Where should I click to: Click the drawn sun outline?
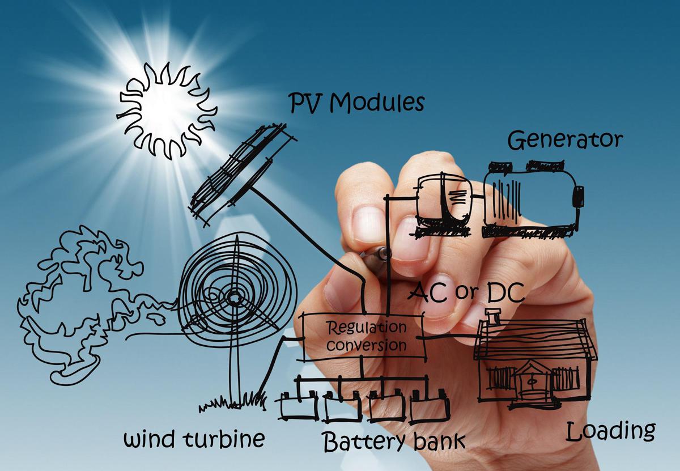(x=167, y=113)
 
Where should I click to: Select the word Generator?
(x=565, y=140)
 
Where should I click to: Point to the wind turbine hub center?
(x=233, y=296)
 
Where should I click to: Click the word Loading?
(x=610, y=432)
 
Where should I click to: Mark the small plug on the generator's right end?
(x=579, y=196)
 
